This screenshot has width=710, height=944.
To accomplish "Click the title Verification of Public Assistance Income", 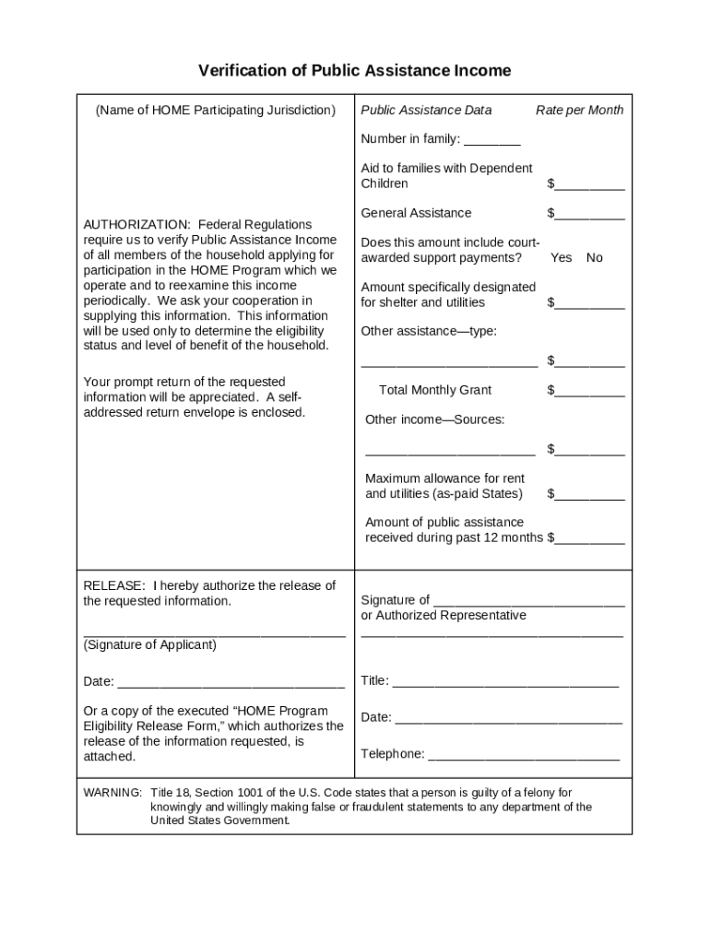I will (355, 71).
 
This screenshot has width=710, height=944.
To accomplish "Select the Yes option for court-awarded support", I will (561, 258).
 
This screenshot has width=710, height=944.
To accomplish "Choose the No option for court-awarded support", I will (594, 258).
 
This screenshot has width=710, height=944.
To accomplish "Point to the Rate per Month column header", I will (579, 111).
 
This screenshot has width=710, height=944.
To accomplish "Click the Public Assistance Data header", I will (426, 111).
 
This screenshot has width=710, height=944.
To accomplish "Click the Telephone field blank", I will (524, 755).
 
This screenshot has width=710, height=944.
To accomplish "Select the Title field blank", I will (505, 682).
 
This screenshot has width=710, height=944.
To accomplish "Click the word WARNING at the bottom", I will (112, 793).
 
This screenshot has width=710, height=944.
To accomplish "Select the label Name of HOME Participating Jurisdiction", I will (216, 111).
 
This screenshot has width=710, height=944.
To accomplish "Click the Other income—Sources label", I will (434, 420).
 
